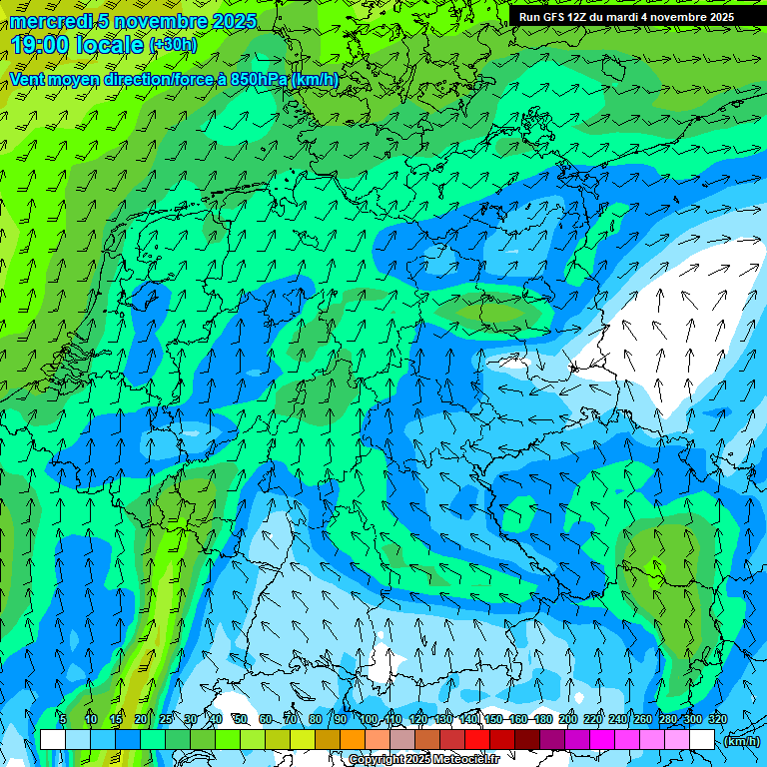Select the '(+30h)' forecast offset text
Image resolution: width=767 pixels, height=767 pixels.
tap(173, 45)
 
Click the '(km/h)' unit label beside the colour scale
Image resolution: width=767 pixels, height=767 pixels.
tap(740, 741)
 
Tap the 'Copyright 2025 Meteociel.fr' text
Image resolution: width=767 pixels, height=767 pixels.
tap(424, 760)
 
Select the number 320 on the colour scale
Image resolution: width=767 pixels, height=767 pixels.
tap(717, 719)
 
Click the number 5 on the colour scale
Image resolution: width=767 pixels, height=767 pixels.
tap(63, 719)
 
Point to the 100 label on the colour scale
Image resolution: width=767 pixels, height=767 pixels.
tap(369, 719)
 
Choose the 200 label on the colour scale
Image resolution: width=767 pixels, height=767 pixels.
tap(568, 719)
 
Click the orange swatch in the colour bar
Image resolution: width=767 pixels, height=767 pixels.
tap(353, 740)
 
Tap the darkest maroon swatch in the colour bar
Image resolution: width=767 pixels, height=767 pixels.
tap(527, 740)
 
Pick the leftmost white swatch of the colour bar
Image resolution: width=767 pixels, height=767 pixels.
tap(53, 740)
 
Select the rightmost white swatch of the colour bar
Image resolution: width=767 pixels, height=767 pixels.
tap(702, 740)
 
